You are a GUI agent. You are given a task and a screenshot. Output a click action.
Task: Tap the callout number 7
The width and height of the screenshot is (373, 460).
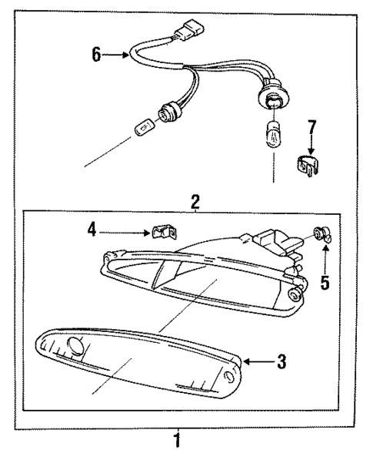(x=312, y=128)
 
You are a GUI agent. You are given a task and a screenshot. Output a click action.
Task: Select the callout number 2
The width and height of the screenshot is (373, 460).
(x=195, y=202)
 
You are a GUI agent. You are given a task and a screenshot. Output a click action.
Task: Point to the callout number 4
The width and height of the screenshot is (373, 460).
(x=91, y=228)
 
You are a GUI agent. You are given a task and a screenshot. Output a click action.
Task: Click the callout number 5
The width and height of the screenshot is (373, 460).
(x=325, y=283)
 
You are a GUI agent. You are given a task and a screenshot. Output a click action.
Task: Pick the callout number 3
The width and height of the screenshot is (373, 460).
(x=282, y=361)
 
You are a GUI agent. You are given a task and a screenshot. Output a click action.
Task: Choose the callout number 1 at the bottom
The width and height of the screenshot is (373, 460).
(x=178, y=442)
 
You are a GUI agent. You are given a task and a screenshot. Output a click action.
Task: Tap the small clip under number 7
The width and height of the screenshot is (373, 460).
(x=308, y=165)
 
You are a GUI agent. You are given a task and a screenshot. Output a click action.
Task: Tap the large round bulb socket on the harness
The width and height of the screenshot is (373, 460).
(x=271, y=101)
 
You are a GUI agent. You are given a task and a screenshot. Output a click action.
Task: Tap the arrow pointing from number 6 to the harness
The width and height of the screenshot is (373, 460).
(x=117, y=55)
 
